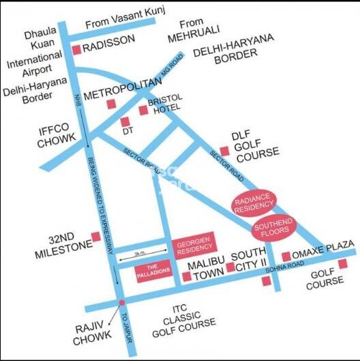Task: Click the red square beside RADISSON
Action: click(x=76, y=49)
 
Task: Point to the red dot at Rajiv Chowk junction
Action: click(x=122, y=302)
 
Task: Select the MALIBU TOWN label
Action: click(x=206, y=270)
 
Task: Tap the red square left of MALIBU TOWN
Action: click(x=186, y=276)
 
